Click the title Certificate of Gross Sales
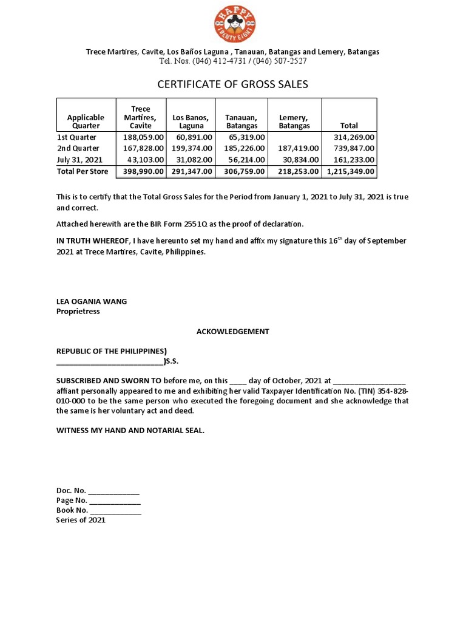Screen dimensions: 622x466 (233, 84)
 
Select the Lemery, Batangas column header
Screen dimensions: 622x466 (294, 121)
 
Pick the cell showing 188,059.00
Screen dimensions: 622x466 (140, 138)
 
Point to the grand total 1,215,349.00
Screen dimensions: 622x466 (350, 172)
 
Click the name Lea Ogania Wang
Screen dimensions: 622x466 (92, 302)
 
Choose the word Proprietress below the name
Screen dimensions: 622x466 (78, 312)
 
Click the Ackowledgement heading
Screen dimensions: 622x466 (232, 332)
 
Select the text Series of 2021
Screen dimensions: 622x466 (81, 521)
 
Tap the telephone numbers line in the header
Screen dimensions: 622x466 (233, 61)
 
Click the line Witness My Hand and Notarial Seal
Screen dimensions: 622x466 (130, 431)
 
